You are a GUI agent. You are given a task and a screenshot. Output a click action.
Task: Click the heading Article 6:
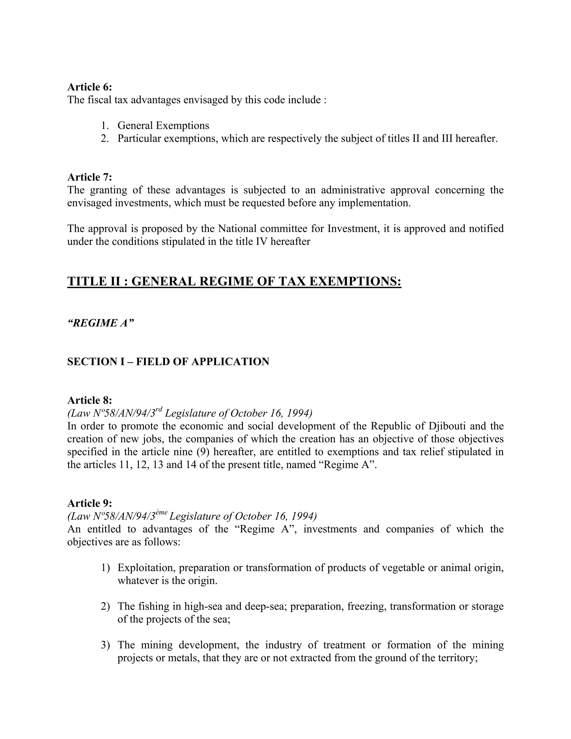[89, 87]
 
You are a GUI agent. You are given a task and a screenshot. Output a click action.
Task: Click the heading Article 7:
[89, 177]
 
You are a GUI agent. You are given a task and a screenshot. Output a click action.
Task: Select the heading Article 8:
[89, 400]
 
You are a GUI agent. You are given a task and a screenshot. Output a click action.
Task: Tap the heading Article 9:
[89, 503]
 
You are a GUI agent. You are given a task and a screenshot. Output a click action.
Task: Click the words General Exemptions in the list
[163, 125]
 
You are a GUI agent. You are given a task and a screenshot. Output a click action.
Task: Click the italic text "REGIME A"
[101, 323]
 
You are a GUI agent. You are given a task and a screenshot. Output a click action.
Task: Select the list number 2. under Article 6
[105, 138]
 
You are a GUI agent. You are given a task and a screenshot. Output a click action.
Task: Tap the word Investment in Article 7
[352, 228]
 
